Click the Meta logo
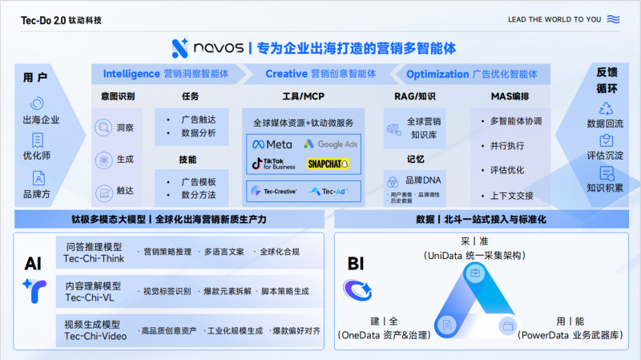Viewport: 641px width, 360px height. [272, 144]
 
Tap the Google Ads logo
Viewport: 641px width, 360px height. [330, 144]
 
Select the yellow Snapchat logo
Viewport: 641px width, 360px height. [329, 164]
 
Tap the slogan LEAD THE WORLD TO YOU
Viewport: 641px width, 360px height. [554, 19]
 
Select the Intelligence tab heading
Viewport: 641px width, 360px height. [131, 74]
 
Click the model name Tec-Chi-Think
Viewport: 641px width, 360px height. [95, 258]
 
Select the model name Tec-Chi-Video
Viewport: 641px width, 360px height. [95, 337]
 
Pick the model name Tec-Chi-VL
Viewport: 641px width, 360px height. [90, 297]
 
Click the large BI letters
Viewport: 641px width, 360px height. [357, 264]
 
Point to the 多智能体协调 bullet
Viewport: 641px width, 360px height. [516, 121]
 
